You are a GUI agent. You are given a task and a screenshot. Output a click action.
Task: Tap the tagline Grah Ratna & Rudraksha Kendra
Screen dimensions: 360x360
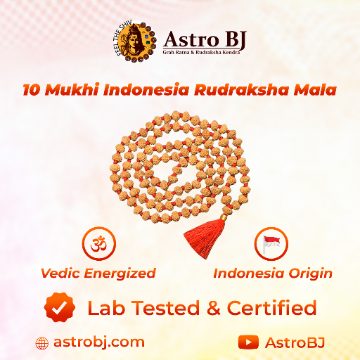pyautogui.click(x=204, y=54)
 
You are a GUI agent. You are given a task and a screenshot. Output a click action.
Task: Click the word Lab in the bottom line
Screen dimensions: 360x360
pyautogui.click(x=103, y=308)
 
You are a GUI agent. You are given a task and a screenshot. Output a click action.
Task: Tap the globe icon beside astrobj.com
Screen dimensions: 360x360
pyautogui.click(x=42, y=343)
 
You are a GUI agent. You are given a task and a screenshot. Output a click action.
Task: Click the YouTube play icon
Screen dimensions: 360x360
pyautogui.click(x=248, y=342)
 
